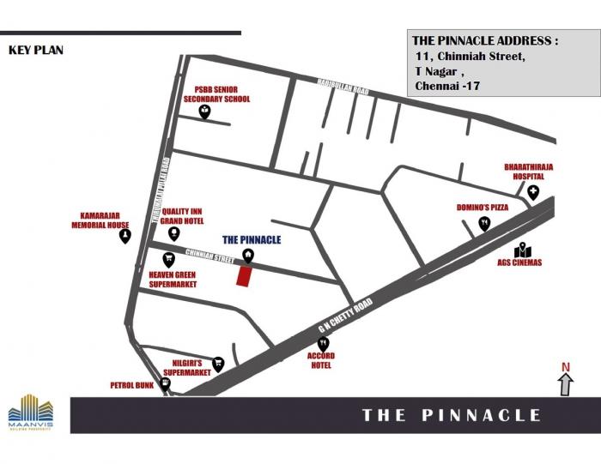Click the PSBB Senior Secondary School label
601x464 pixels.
[216, 94]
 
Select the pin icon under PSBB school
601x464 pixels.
[204, 111]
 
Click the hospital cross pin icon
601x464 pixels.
[533, 192]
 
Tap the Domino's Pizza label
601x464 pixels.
[483, 208]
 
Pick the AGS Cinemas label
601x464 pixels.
[520, 262]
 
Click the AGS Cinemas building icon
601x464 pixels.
[519, 248]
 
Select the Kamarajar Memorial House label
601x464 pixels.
[100, 220]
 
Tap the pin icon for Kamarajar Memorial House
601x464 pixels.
[125, 235]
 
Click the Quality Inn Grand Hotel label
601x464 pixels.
[183, 215]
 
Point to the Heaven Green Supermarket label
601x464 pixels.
[173, 279]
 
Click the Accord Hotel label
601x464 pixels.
[322, 360]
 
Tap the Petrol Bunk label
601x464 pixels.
[132, 386]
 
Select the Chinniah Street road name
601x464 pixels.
[210, 256]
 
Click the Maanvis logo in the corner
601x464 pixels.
[29, 413]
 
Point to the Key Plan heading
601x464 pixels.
[36, 50]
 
